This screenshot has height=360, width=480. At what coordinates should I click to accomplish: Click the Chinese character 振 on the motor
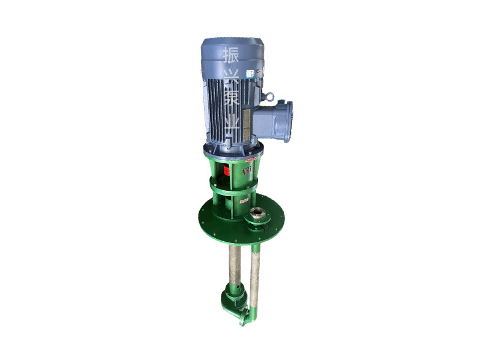click(231, 56)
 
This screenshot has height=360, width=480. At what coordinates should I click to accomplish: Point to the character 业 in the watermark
click(231, 127)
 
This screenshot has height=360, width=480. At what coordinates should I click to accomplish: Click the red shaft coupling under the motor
click(228, 170)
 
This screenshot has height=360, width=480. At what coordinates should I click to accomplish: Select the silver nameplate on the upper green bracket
click(247, 171)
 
